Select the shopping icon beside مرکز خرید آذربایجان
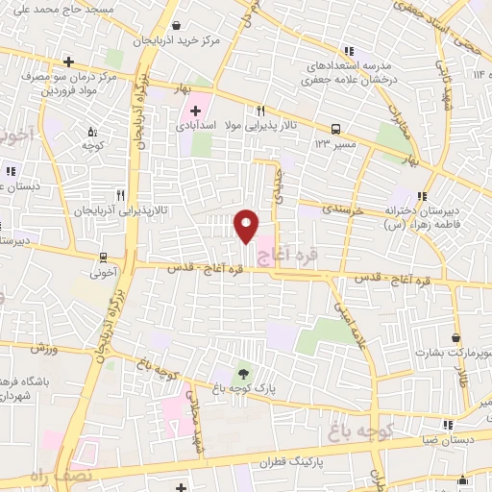[x=175, y=26]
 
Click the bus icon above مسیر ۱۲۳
[x=335, y=128]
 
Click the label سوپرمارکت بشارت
[x=453, y=353]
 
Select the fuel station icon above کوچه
[x=92, y=133]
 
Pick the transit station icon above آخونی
[x=103, y=257]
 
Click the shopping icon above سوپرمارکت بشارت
[x=455, y=338]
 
